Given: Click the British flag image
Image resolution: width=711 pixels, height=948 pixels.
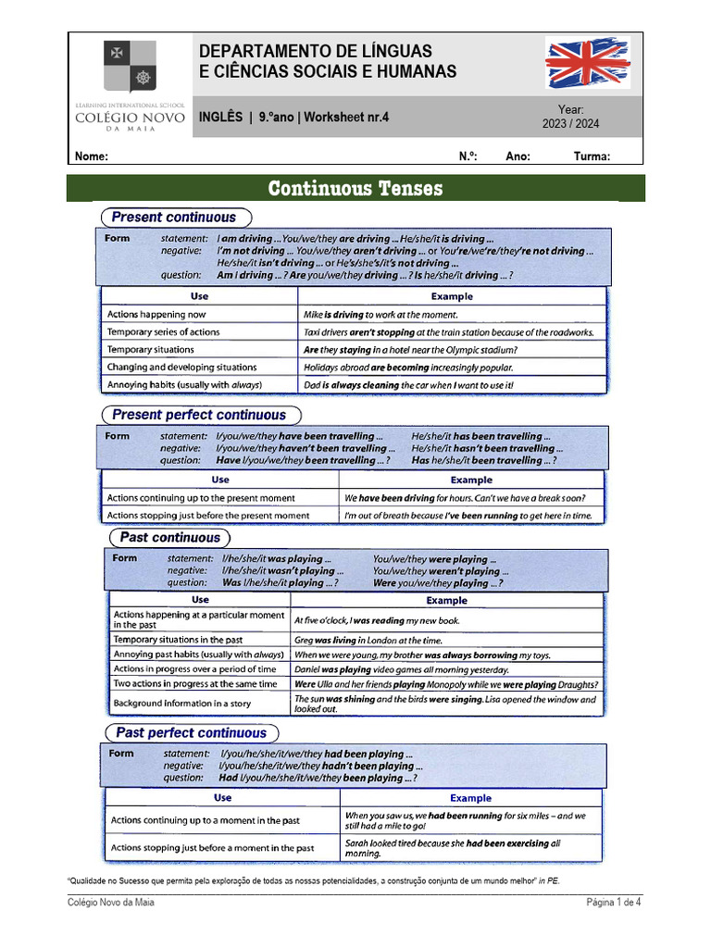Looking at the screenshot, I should (x=587, y=63).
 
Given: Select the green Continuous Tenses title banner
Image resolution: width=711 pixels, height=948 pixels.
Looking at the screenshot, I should (x=355, y=189).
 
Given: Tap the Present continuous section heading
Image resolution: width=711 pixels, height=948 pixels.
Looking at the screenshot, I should (x=174, y=218).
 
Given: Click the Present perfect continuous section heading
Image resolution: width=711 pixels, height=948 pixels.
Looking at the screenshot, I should (x=199, y=415).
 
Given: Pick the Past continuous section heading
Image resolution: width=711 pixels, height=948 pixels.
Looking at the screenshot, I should (x=170, y=538).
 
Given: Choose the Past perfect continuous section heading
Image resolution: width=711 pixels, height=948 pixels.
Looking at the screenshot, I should (x=192, y=733).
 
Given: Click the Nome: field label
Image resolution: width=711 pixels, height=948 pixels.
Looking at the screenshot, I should (x=92, y=156).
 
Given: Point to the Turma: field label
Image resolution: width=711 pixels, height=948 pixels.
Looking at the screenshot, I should (x=592, y=156).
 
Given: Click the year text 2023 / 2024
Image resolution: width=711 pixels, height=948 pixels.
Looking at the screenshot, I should (x=570, y=124).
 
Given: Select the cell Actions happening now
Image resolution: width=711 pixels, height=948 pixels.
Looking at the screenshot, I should (x=156, y=315).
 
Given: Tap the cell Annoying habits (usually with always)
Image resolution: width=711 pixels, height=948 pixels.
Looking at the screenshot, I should (x=185, y=384).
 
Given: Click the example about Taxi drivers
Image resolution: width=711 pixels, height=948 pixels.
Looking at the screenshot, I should (x=449, y=332).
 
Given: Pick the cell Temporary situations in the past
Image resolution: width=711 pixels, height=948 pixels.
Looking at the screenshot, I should (x=178, y=640).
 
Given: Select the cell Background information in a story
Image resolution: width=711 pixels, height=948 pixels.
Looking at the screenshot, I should (x=181, y=704).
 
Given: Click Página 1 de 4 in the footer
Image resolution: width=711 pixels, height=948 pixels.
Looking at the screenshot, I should (x=614, y=903).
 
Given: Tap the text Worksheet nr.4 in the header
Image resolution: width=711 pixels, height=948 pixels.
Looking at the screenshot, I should (x=347, y=118).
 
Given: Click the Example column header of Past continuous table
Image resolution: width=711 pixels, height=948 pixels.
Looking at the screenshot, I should (x=446, y=601).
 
